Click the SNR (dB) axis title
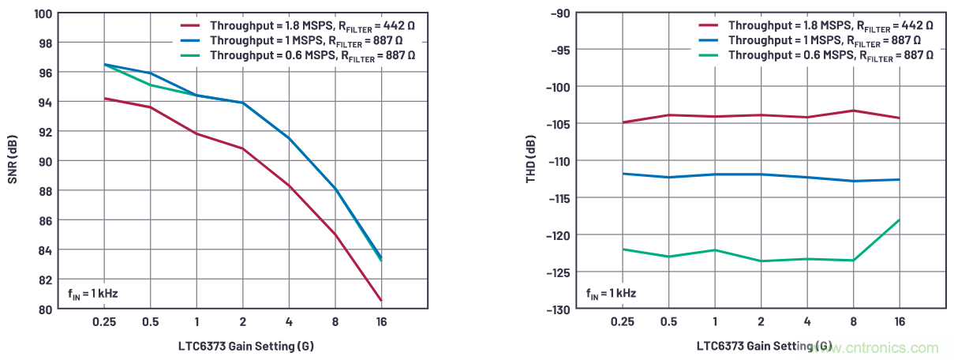point(13,162)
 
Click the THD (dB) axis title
point(530,162)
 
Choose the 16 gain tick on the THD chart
point(899,322)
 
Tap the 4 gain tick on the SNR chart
point(289,322)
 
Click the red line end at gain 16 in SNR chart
point(381,301)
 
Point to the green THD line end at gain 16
point(899,220)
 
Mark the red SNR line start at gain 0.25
point(104,99)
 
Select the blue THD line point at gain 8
point(853,181)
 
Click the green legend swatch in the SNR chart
point(190,55)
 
